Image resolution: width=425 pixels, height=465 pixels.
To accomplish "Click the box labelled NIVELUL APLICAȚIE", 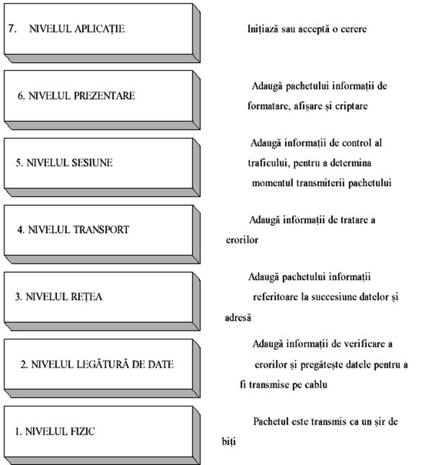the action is [x=102, y=33].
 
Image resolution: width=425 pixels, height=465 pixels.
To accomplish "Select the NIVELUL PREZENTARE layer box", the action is [x=102, y=100].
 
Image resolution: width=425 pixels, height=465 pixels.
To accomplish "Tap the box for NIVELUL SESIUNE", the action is [x=102, y=168].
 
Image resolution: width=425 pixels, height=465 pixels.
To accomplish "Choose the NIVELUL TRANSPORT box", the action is [x=102, y=234].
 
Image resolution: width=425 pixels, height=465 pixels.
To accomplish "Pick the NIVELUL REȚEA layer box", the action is [x=102, y=301].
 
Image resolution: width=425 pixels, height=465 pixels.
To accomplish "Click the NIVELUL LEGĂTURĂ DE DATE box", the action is [x=102, y=368].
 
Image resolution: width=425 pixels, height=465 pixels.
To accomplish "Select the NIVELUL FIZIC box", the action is [x=102, y=435].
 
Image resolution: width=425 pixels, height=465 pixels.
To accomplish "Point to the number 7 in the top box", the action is [x=12, y=28].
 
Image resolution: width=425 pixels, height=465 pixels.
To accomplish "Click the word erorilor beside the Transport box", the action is [x=242, y=240].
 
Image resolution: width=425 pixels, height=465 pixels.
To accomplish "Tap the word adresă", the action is [x=237, y=318].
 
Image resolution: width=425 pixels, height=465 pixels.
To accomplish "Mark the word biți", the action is [x=229, y=442].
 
